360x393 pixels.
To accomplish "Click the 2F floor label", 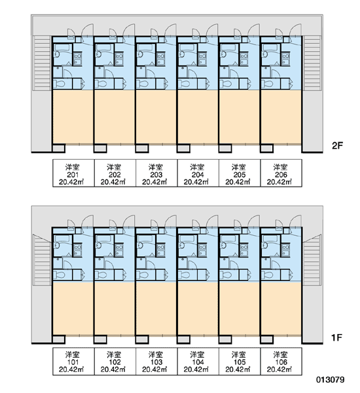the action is (x=337, y=145).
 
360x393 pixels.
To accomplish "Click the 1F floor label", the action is (x=336, y=337).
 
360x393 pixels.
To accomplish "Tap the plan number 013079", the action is (x=330, y=380).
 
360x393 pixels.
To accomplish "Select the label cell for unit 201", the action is (x=73, y=173).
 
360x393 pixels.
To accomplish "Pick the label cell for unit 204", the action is (x=198, y=173).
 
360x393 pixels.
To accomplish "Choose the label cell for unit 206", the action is (x=281, y=173).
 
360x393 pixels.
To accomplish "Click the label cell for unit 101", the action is (x=73, y=361).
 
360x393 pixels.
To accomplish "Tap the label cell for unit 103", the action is (x=156, y=361).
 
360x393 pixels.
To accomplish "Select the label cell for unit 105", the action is (x=240, y=361).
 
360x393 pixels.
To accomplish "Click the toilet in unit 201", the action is (x=60, y=84).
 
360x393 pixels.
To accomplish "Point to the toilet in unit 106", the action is (x=267, y=275).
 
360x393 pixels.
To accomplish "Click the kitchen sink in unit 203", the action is (x=161, y=59).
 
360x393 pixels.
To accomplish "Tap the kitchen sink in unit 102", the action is (x=119, y=250).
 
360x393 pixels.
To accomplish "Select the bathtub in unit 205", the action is (x=228, y=47).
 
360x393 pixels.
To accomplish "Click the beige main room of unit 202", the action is (x=115, y=117).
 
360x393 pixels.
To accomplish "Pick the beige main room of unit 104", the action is (x=198, y=309).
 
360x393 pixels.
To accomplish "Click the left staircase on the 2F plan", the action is (x=43, y=63).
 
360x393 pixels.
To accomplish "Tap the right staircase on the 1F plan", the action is (x=312, y=261).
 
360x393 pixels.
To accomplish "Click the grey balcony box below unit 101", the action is (x=59, y=340).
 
